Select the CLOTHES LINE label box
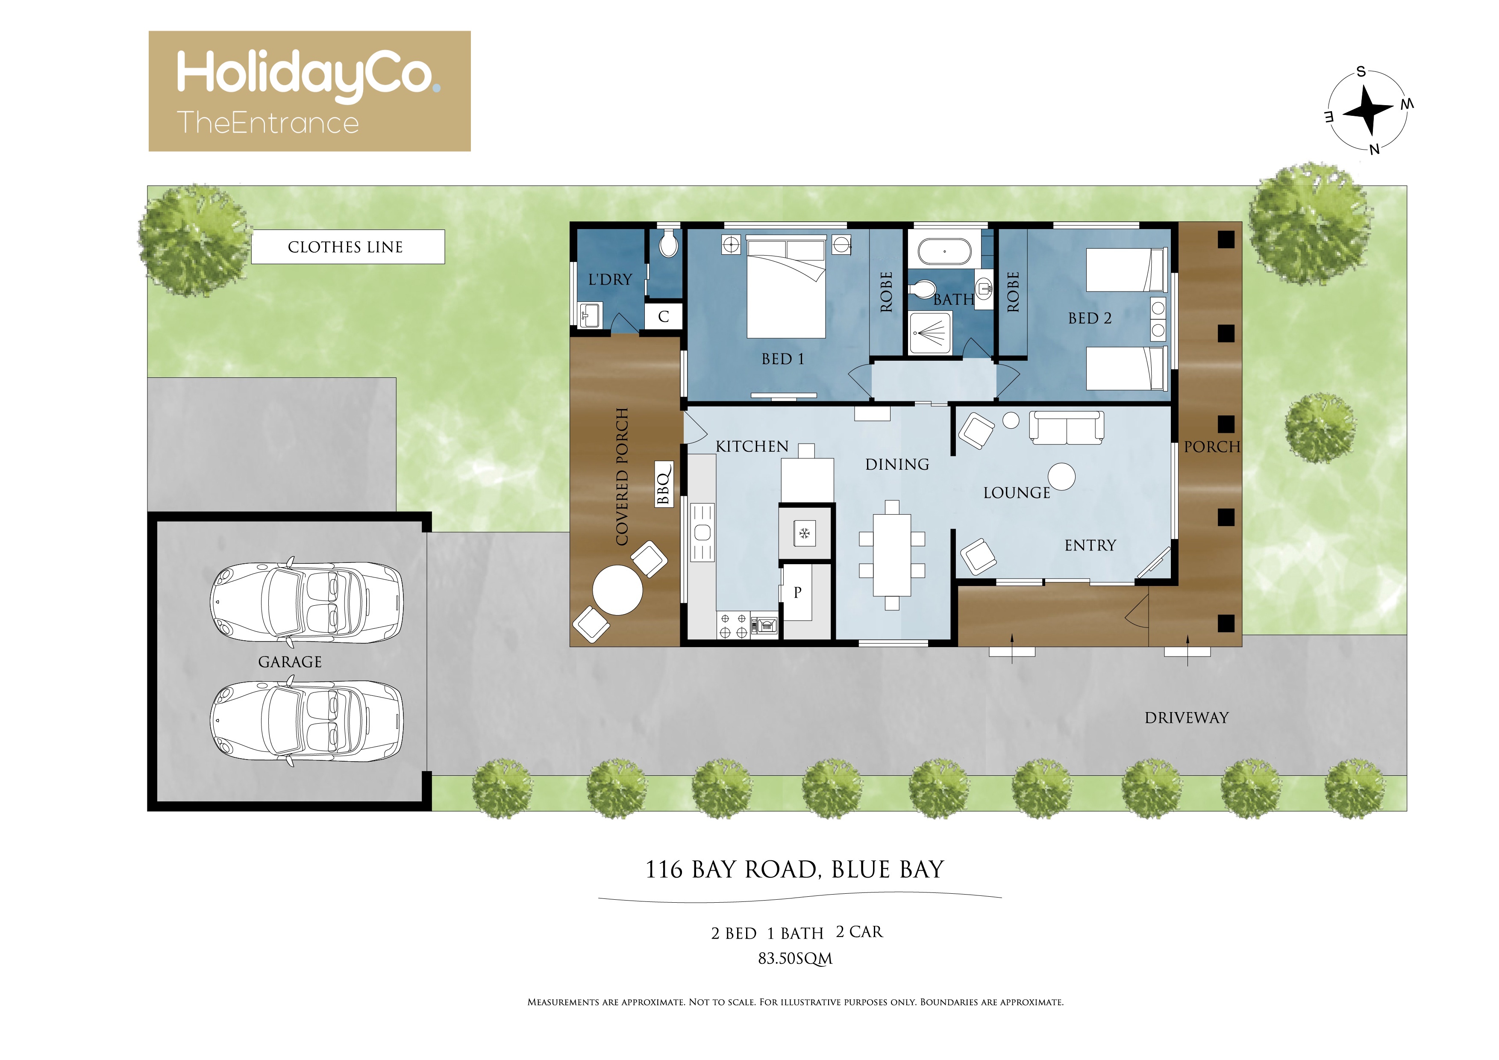coord(348,247)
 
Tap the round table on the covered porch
coord(617,590)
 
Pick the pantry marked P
coord(798,592)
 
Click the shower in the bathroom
coord(930,333)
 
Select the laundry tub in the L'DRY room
coord(590,315)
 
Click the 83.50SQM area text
coord(795,959)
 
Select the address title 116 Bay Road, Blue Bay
coord(794,869)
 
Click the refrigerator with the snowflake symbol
coord(805,533)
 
